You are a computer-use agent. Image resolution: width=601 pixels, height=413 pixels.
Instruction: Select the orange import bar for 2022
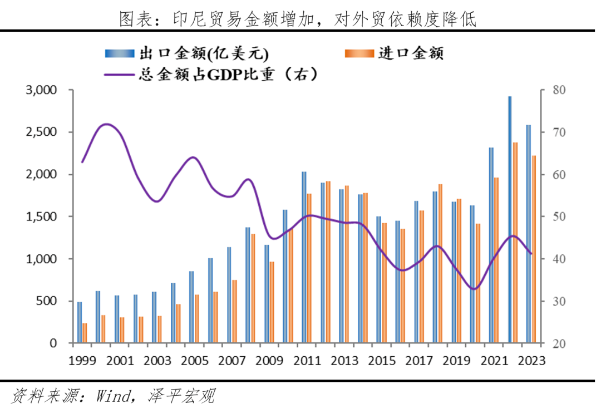[515, 243]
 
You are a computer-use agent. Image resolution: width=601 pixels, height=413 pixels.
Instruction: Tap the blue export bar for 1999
[80, 322]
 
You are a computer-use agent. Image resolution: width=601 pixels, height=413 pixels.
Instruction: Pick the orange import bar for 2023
[534, 249]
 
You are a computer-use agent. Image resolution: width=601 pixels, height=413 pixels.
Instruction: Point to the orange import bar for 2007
[235, 311]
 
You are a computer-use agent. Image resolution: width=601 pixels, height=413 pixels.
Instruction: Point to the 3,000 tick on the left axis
[42, 90]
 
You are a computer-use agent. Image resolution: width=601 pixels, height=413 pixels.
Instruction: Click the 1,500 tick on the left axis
[42, 217]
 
